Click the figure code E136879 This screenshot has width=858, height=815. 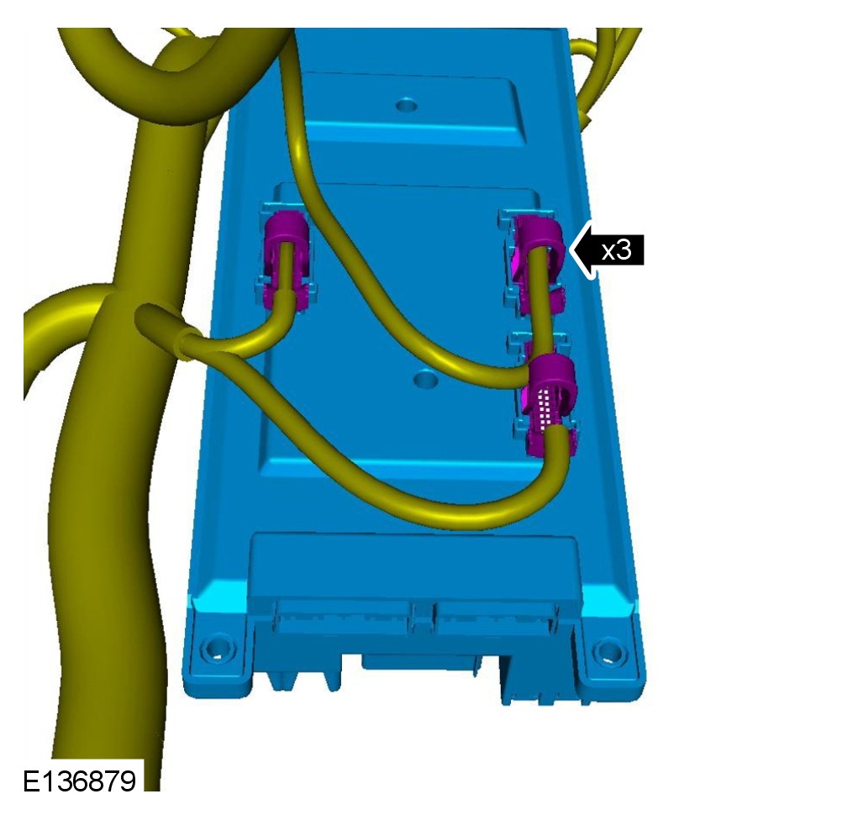[x=79, y=781]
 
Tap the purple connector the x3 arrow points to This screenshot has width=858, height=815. [x=538, y=261]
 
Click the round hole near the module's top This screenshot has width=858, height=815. [x=407, y=104]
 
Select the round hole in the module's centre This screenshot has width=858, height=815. [x=425, y=378]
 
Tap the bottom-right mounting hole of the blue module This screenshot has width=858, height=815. [x=609, y=651]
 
